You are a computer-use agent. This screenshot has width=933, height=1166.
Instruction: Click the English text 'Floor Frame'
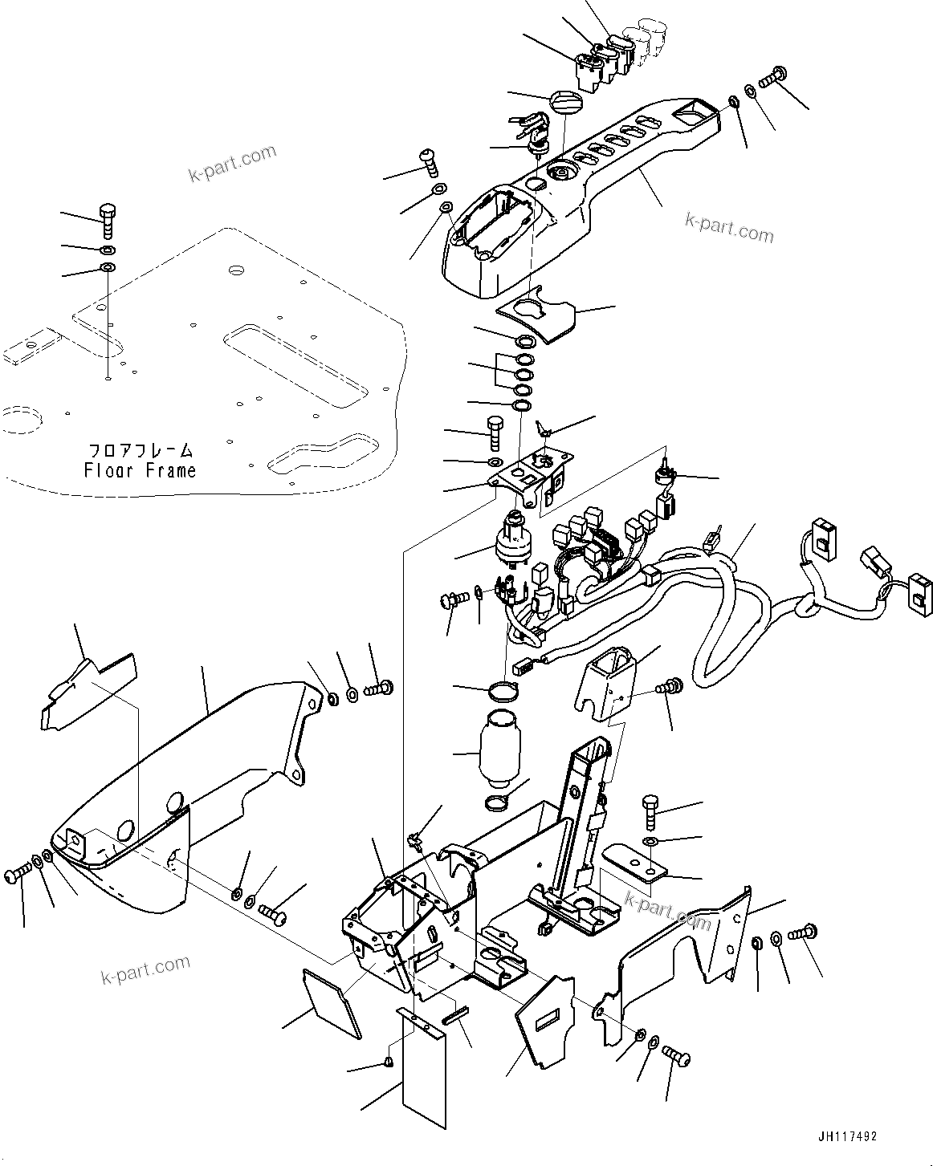140,470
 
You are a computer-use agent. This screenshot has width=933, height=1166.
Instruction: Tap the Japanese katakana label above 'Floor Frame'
140,451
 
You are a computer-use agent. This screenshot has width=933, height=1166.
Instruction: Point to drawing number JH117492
847,1137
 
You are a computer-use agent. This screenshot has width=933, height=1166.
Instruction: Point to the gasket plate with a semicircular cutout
535,318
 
